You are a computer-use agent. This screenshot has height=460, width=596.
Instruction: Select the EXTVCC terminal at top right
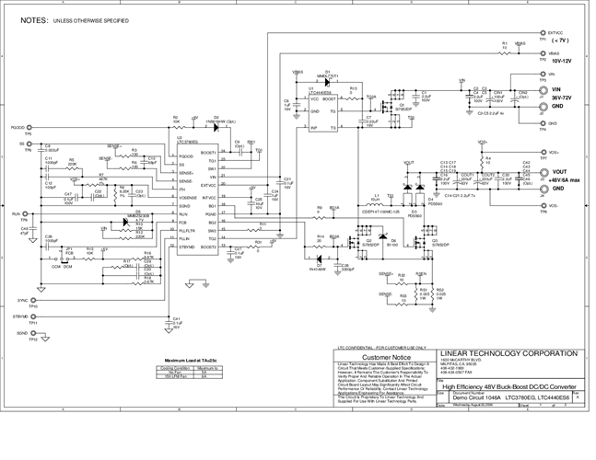542,33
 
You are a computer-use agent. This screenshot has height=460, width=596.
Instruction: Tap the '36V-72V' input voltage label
563,97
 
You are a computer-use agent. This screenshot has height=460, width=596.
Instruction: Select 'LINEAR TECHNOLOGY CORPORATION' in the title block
510,352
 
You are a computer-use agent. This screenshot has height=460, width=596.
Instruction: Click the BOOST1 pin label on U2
208,153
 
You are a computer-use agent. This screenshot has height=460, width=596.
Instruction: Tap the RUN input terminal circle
28,213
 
